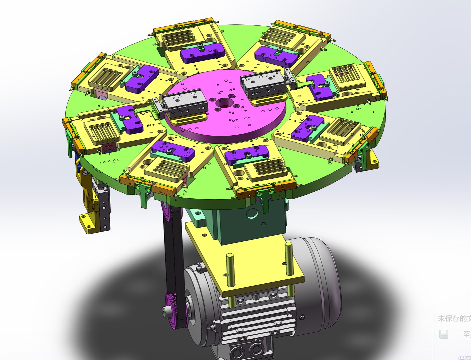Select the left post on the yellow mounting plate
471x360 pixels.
point(230,273)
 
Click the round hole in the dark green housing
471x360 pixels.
point(252,213)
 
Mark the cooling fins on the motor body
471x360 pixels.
point(253,320)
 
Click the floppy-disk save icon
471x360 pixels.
point(443,334)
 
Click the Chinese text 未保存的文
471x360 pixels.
point(454,319)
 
